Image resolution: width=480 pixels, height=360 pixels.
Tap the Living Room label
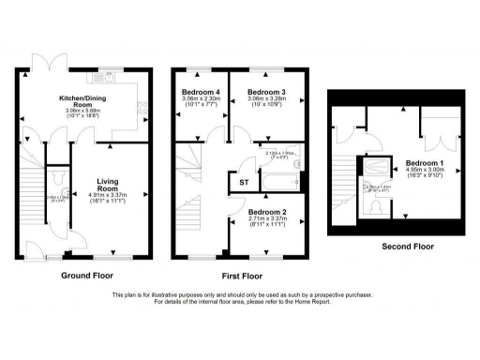point(110,187)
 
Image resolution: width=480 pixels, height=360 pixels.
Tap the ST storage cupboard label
point(244,182)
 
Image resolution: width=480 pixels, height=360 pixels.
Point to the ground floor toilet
point(58,179)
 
